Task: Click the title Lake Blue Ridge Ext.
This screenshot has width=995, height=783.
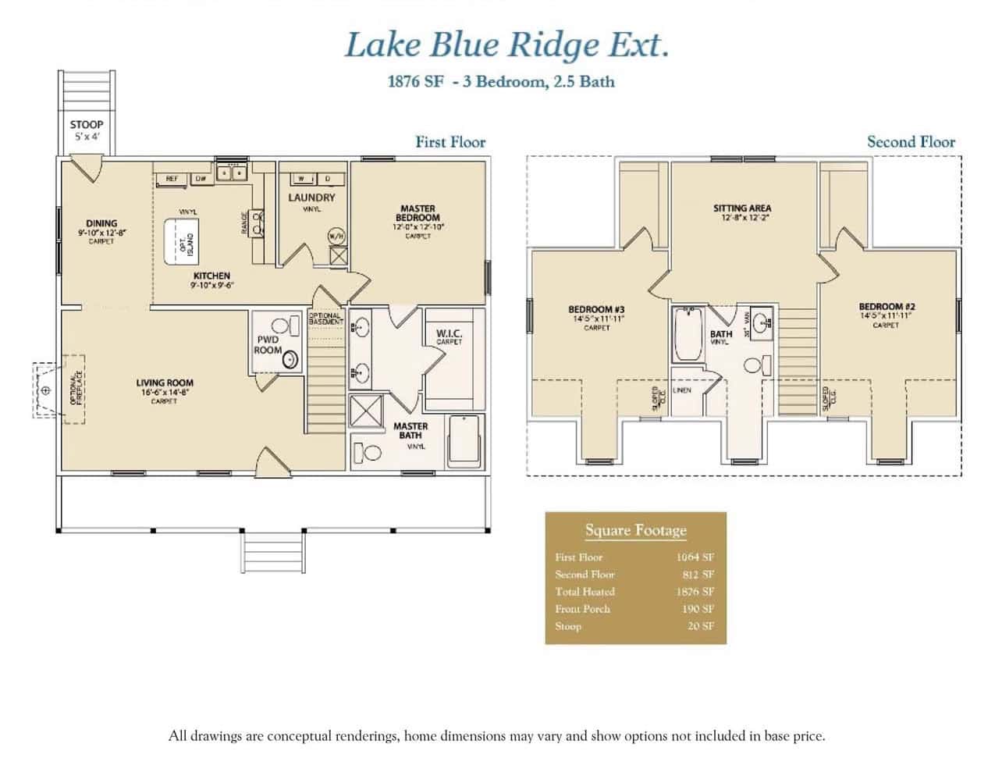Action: click(x=506, y=45)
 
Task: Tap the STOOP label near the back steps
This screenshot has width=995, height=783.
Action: click(x=86, y=125)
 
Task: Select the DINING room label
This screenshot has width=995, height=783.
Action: click(x=101, y=224)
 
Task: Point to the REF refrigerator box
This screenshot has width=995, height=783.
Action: click(x=172, y=179)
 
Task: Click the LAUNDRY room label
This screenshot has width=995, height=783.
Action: click(x=311, y=198)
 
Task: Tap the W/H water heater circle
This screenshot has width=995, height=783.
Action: click(x=336, y=236)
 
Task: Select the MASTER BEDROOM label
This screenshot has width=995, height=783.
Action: click(x=418, y=213)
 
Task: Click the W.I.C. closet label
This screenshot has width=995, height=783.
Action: click(x=449, y=334)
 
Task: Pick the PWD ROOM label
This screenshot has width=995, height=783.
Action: click(x=267, y=345)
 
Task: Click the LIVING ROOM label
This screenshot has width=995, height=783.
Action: click(x=164, y=383)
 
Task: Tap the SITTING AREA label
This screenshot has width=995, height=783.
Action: click(x=741, y=208)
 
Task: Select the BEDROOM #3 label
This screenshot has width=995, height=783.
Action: click(x=596, y=310)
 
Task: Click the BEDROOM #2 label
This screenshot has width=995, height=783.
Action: click(x=886, y=307)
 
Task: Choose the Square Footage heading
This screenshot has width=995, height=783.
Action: click(x=635, y=531)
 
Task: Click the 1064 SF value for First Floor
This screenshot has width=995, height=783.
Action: click(x=695, y=557)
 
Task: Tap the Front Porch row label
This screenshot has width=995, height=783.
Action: click(x=582, y=609)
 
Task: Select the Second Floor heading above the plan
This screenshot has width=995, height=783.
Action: click(x=910, y=142)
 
